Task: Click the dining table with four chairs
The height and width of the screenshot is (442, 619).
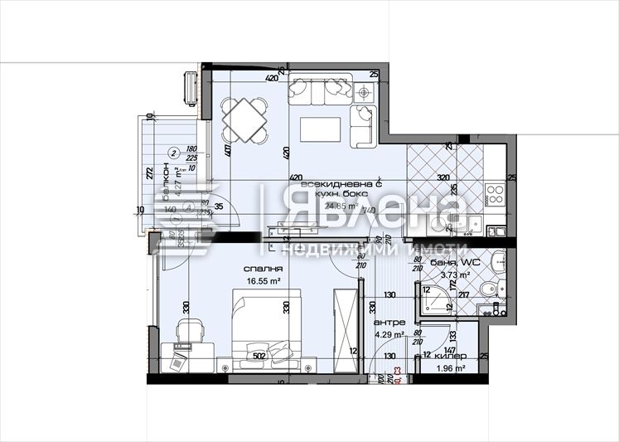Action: [244, 120]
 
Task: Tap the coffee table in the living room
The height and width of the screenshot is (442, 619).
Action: [320, 129]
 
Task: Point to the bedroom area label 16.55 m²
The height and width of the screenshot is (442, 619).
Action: [264, 281]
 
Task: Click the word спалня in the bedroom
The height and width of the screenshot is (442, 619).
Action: [264, 270]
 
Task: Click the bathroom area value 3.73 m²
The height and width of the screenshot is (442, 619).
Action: [455, 274]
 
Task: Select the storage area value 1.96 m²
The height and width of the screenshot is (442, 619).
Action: [450, 367]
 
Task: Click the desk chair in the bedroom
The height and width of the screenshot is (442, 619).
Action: [189, 330]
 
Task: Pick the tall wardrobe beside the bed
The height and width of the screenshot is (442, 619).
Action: [343, 324]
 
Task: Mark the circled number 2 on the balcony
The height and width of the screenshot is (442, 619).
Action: [172, 152]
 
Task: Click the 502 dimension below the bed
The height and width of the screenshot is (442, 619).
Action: [259, 357]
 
